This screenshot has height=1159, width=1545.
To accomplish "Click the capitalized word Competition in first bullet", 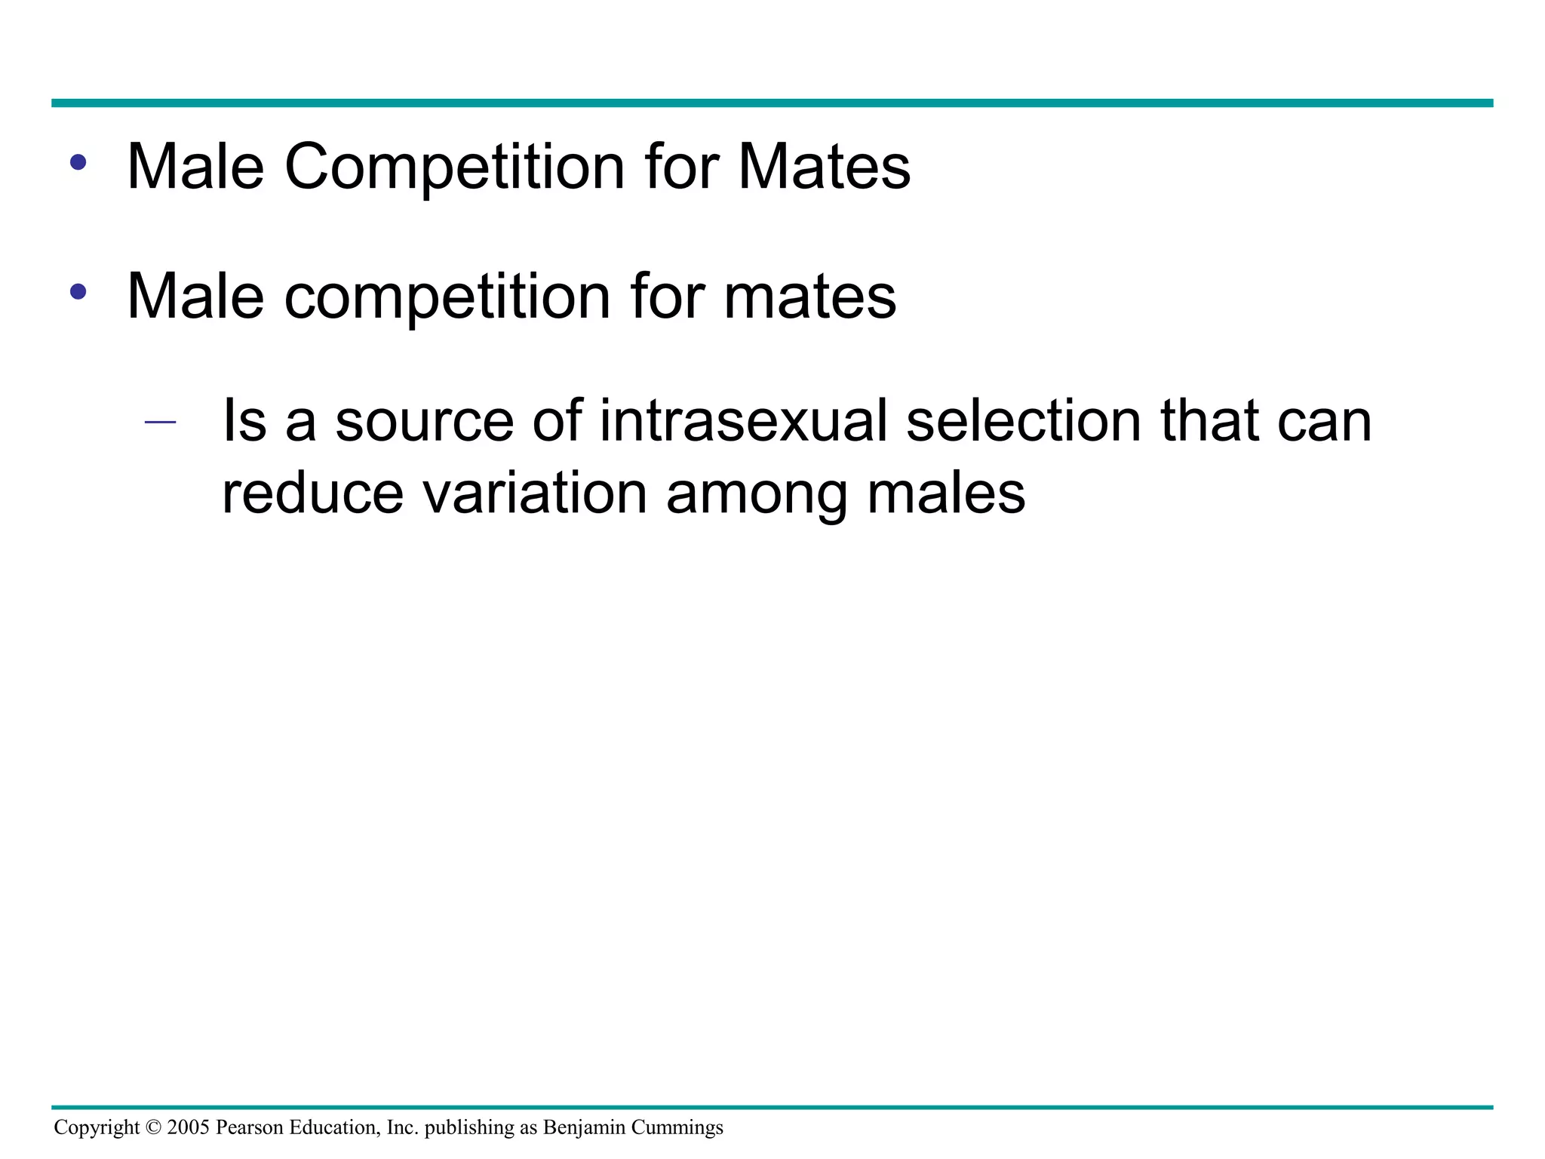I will click(454, 167).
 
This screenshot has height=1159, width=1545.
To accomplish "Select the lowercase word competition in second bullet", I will click(447, 297).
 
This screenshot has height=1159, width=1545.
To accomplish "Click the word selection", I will click(1024, 420).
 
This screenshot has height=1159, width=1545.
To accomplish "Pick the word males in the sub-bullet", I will click(946, 494).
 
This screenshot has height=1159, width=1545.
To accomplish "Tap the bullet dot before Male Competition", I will click(78, 161).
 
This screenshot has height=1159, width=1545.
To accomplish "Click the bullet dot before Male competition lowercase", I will click(78, 291).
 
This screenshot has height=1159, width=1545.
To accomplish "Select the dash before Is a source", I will click(160, 422).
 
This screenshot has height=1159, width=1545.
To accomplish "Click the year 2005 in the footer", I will click(188, 1127).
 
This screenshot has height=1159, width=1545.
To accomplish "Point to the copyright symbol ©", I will click(153, 1127).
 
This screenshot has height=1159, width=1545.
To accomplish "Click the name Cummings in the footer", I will click(677, 1127).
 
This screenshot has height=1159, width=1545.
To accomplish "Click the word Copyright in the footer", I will click(97, 1127).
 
